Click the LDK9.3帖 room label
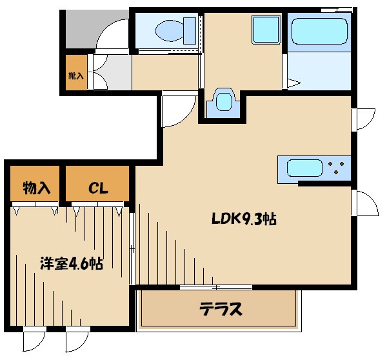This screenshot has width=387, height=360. pyautogui.click(x=244, y=219)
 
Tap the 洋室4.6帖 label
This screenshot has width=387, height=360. pyautogui.click(x=72, y=263)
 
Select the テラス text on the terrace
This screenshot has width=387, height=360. pyautogui.click(x=221, y=309)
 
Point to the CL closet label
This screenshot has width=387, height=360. pyautogui.click(x=98, y=188)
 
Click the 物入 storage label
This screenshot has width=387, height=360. pyautogui.click(x=37, y=188)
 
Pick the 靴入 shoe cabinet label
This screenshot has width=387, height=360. pyautogui.click(x=75, y=75)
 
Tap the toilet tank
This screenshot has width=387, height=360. pyautogui.click(x=190, y=31)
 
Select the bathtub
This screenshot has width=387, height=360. pyautogui.click(x=319, y=31)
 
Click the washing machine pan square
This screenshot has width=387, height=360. pyautogui.click(x=266, y=30)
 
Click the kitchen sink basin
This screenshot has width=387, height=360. pyautogui.click(x=304, y=168)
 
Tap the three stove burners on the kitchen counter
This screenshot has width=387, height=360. pyautogui.click(x=335, y=167)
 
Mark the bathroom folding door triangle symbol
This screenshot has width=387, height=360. pyautogui.click(x=293, y=83)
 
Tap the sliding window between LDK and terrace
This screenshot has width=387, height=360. pyautogui.click(x=215, y=287)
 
